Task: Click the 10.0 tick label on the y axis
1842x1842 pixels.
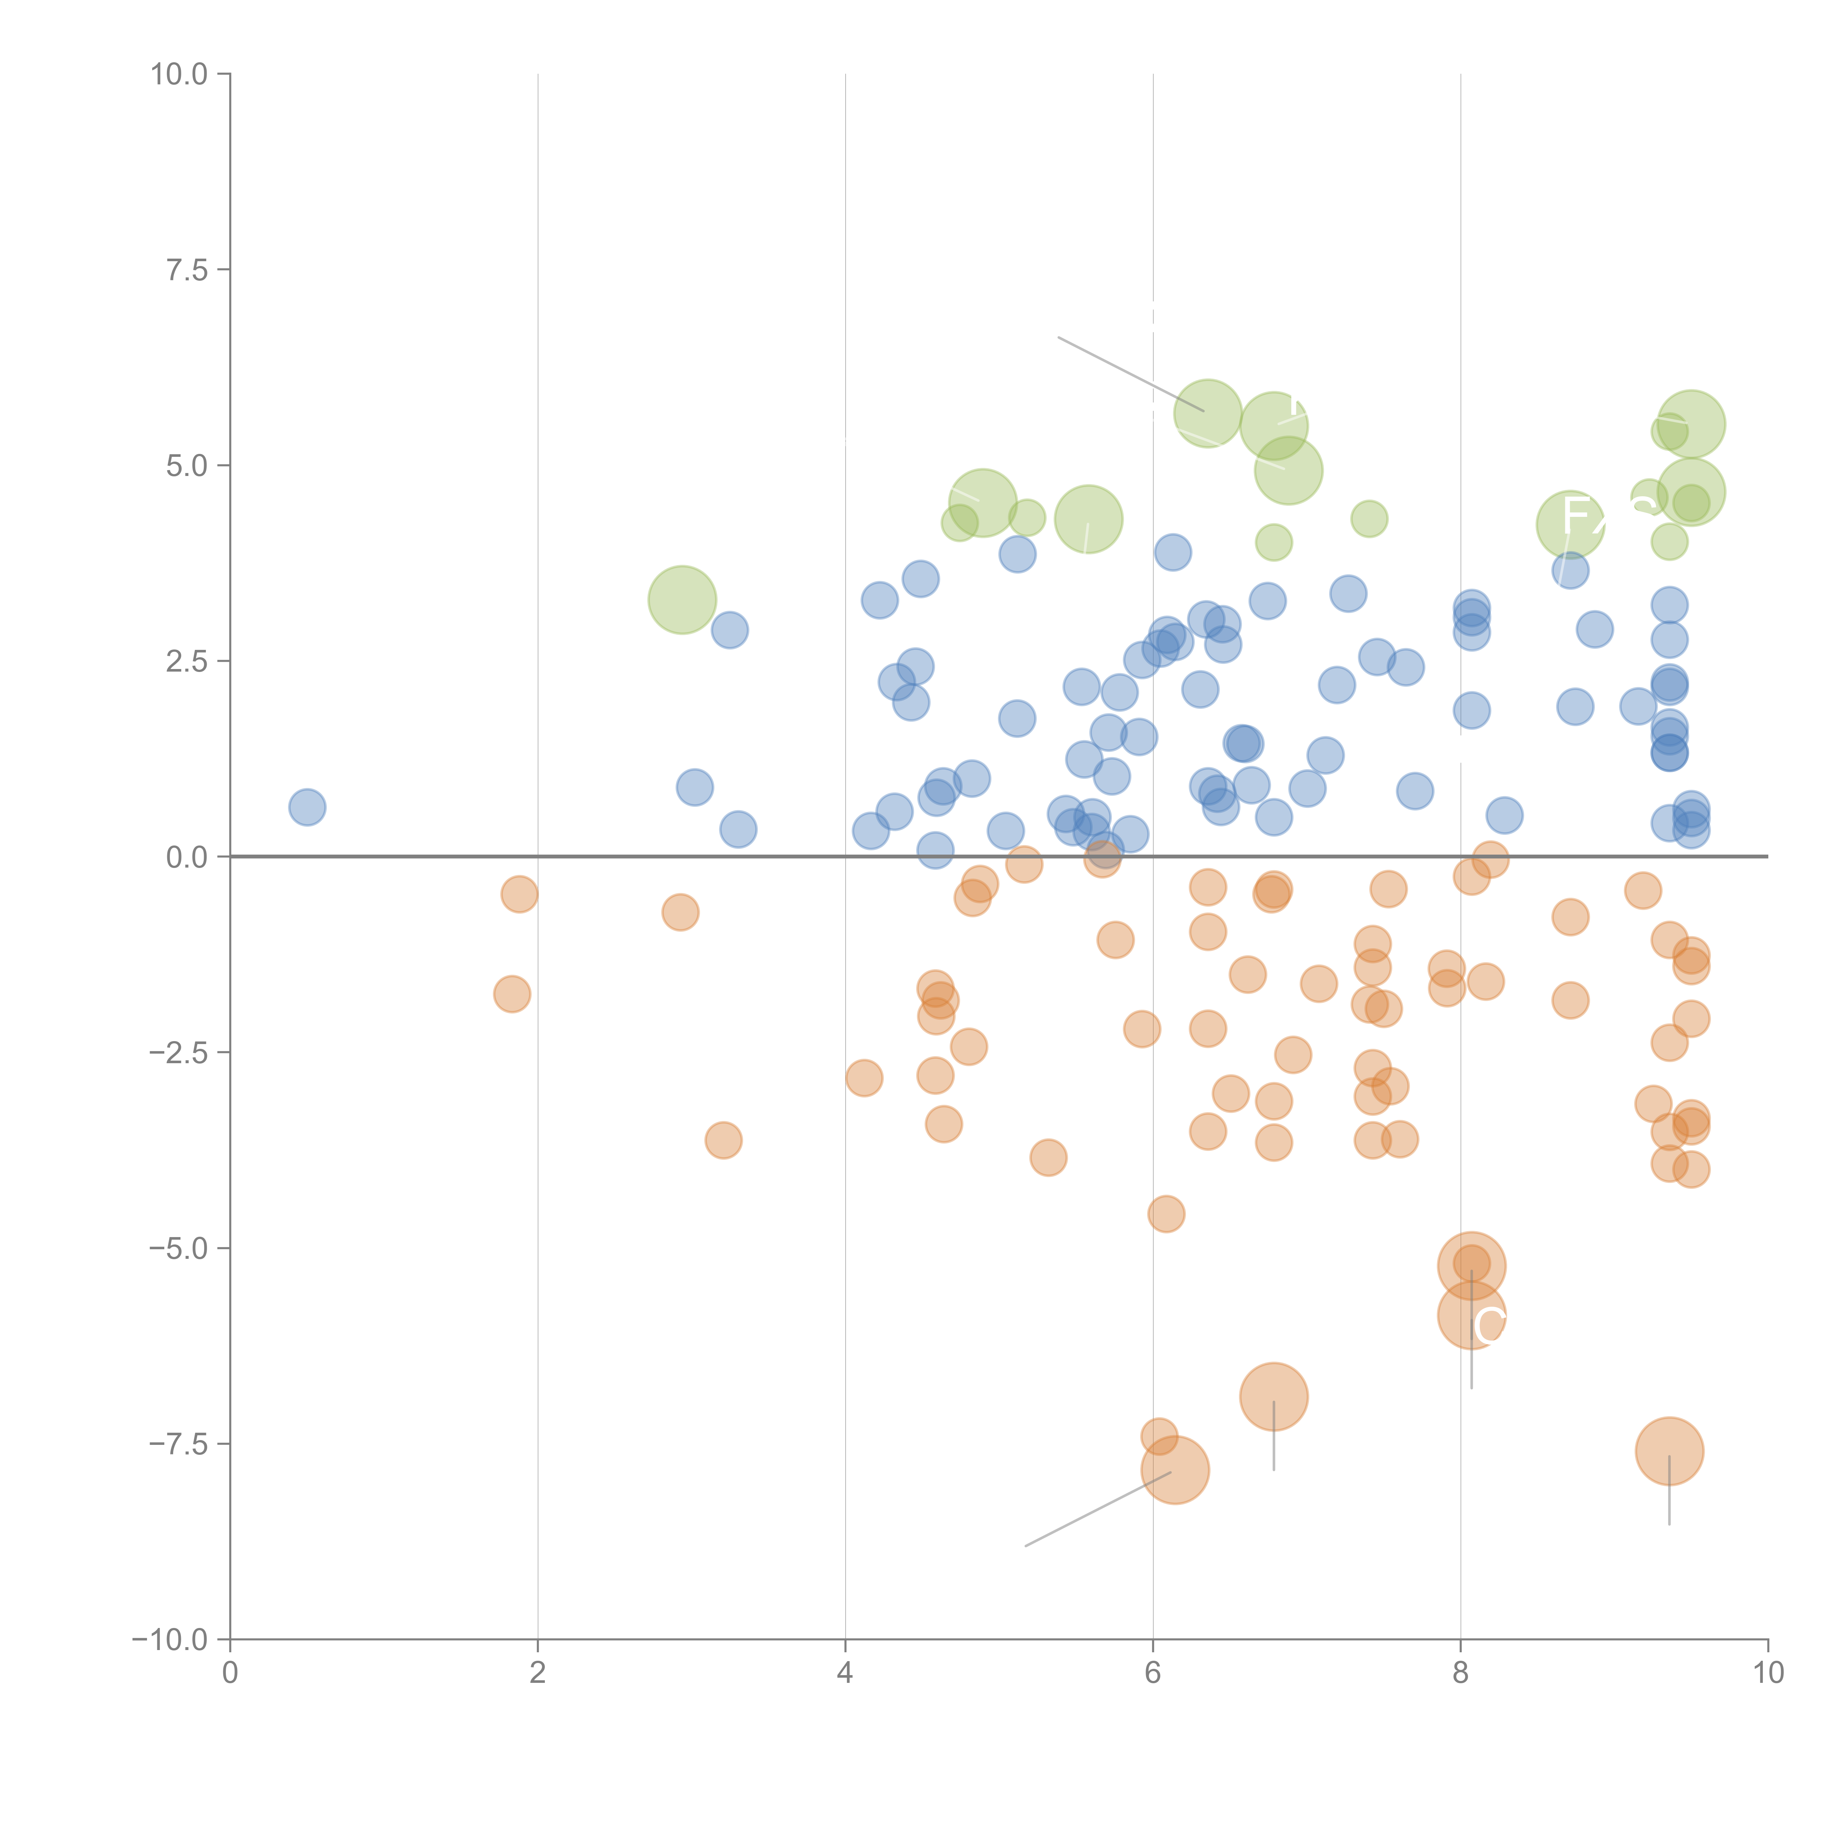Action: click(x=179, y=74)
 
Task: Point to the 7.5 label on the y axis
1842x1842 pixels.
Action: click(x=187, y=270)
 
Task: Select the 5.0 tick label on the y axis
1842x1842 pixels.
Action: click(x=187, y=466)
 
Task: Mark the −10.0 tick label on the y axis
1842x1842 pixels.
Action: click(x=172, y=1640)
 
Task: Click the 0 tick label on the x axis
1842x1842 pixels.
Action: click(x=230, y=1673)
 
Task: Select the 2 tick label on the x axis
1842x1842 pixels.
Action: click(x=538, y=1673)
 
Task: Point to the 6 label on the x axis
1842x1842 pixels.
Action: click(x=1153, y=1673)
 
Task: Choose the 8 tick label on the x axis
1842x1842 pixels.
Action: click(x=1461, y=1673)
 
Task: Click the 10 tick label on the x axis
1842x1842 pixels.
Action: click(x=1768, y=1673)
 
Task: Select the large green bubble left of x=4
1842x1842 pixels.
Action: click(x=682, y=600)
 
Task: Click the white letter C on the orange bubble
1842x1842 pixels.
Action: click(x=1489, y=1325)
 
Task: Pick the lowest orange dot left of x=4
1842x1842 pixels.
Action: click(x=724, y=1140)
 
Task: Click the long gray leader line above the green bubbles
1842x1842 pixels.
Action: click(x=1130, y=374)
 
